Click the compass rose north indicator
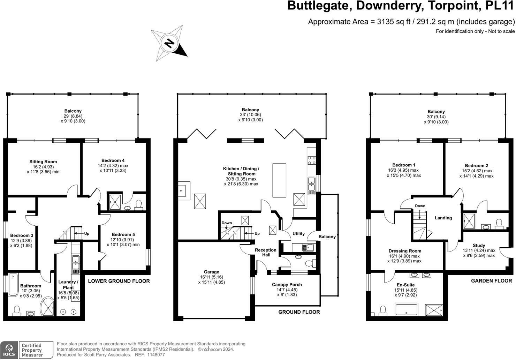click(169, 43)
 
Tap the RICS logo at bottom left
click(9, 350)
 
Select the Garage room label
click(211, 272)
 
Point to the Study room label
click(479, 246)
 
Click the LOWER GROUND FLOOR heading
click(119, 281)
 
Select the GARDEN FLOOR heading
click(491, 281)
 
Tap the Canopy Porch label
click(287, 285)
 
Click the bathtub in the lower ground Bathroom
click(13, 285)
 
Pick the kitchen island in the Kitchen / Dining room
click(279, 180)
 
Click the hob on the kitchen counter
click(311, 160)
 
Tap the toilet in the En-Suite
click(382, 310)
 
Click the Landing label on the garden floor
click(443, 218)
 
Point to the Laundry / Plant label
click(68, 285)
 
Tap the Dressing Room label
click(405, 251)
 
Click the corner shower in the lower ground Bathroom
click(48, 306)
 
